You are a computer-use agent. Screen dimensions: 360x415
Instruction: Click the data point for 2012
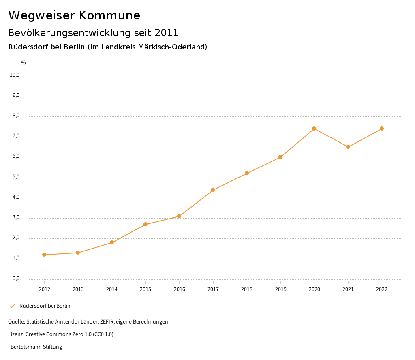tap(44, 255)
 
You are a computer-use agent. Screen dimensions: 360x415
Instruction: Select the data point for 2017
tap(213, 190)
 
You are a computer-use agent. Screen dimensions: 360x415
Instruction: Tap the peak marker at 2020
tap(314, 129)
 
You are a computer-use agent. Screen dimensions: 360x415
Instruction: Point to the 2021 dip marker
tap(348, 147)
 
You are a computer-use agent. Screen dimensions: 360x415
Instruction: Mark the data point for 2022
tap(382, 129)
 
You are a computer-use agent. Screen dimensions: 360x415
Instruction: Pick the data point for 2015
tap(145, 224)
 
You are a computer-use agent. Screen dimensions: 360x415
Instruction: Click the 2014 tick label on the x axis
tap(112, 289)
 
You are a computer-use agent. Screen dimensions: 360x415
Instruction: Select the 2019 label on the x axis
tap(280, 289)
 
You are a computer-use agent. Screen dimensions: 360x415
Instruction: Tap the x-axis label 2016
tap(179, 289)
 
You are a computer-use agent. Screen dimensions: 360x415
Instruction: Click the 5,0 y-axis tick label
tap(16, 177)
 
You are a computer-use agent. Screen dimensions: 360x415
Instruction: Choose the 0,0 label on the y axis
tap(16, 279)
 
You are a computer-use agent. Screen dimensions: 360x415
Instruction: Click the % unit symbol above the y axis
tap(24, 62)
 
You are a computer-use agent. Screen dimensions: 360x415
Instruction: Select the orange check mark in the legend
tap(12, 306)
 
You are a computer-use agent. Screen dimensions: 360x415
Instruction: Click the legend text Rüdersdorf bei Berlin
tap(45, 306)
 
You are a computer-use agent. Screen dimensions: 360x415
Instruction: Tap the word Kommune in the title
tap(110, 15)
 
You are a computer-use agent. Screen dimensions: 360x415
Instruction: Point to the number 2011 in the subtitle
tap(167, 32)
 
